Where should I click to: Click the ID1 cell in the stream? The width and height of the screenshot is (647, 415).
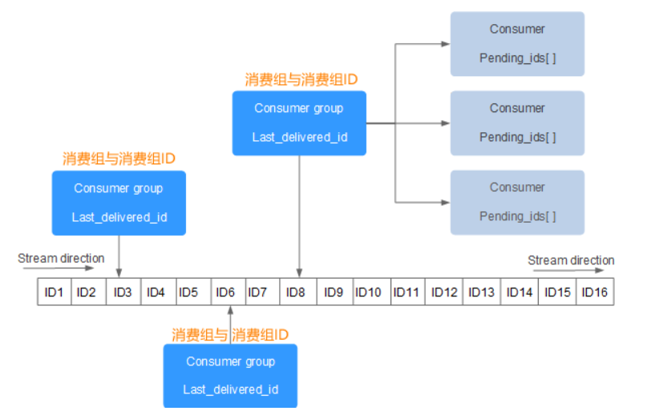(x=54, y=292)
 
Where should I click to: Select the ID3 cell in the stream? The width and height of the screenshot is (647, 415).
(x=122, y=292)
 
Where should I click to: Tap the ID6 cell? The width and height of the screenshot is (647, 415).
(x=225, y=292)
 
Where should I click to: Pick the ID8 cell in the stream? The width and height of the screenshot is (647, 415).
(x=296, y=292)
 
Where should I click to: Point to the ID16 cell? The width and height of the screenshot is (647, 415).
(x=594, y=292)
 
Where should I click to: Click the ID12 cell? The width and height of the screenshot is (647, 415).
(x=444, y=292)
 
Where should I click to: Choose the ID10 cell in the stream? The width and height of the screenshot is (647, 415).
(x=368, y=292)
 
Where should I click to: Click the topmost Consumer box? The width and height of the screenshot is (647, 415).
(x=517, y=43)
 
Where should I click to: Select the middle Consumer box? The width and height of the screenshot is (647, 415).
(x=517, y=123)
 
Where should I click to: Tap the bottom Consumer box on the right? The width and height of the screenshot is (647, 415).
(x=517, y=202)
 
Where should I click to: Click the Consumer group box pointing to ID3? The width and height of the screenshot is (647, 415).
(x=119, y=203)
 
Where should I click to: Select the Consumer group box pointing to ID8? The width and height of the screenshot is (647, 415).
(x=299, y=123)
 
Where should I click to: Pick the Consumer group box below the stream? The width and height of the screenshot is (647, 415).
(x=230, y=375)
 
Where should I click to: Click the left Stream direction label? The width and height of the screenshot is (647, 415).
(x=61, y=258)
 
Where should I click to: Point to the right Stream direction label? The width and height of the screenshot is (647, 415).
(x=571, y=260)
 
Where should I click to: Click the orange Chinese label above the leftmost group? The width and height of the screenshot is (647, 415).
(x=119, y=159)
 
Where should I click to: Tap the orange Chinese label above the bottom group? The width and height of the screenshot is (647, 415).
(x=230, y=333)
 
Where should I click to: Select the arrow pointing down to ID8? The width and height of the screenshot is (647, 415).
(x=299, y=216)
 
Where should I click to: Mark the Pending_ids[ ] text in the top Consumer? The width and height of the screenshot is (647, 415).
(x=517, y=58)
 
